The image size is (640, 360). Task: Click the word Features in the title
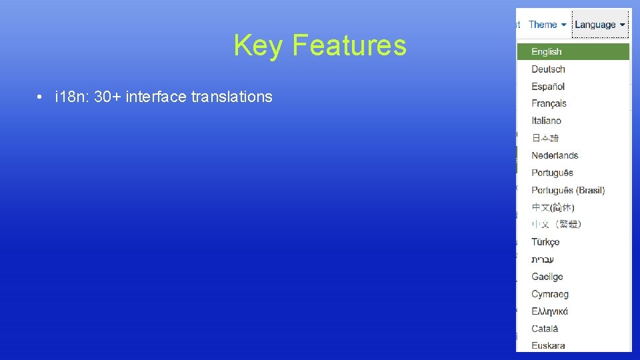(x=349, y=46)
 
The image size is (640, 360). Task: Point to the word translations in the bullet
(x=231, y=97)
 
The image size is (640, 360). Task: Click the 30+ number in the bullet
(x=103, y=97)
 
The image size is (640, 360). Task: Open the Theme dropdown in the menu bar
(x=547, y=25)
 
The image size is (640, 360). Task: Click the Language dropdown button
(x=600, y=25)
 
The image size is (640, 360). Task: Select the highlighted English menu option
(x=547, y=52)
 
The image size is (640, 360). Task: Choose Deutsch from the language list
(x=548, y=69)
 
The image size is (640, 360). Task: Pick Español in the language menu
(x=548, y=87)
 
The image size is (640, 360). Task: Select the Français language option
(x=549, y=103)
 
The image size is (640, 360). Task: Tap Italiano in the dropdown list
(x=546, y=121)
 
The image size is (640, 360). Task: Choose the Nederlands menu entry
(x=555, y=155)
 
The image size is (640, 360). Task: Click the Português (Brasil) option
(x=568, y=190)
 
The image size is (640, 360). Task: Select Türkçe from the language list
(x=545, y=242)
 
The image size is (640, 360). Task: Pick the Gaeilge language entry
(x=547, y=277)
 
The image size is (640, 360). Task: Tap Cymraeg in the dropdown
(x=550, y=294)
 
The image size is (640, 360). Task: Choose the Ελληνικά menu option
(x=549, y=311)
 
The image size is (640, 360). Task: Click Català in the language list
(x=545, y=329)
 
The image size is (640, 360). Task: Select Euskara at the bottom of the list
(x=548, y=345)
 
